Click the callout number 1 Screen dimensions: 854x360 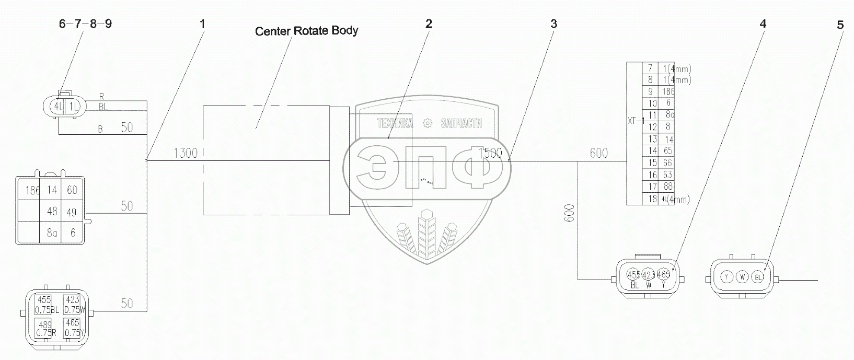point(202,24)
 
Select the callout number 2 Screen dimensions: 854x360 point(429,24)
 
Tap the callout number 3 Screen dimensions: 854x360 point(553,24)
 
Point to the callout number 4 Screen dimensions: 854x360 point(764,24)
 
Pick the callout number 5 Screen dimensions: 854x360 point(840,25)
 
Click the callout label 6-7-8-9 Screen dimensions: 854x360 point(85,24)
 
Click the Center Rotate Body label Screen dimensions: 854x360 point(306,31)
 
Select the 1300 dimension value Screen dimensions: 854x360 point(186,153)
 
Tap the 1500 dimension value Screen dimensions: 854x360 point(490,153)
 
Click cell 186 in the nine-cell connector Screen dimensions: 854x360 point(32,191)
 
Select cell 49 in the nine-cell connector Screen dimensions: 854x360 point(71,212)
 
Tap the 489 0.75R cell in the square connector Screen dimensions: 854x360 point(45,328)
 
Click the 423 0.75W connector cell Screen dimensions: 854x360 point(73,304)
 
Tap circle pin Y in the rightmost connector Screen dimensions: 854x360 point(726,277)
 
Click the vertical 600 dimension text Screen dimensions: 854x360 point(570,213)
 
